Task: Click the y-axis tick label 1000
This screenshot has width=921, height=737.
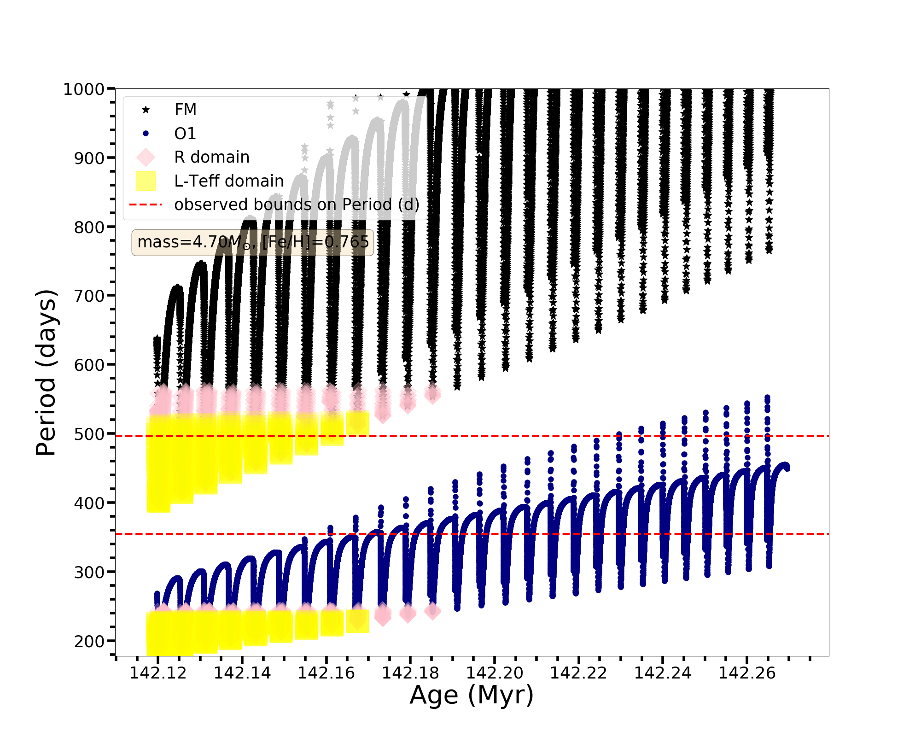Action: pos(83,89)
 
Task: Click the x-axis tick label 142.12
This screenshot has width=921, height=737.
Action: pos(158,673)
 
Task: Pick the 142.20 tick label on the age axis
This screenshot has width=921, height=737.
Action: pos(495,673)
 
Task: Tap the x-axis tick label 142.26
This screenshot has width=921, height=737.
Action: pos(747,673)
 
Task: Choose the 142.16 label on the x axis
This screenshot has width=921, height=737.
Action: pos(326,673)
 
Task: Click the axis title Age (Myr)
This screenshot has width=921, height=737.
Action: pos(472,695)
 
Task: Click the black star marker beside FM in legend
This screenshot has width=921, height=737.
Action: pos(146,110)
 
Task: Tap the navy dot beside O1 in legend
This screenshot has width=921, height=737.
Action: pos(146,134)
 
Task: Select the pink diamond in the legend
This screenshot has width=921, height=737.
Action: pos(146,157)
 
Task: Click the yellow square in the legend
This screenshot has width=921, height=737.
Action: pos(146,181)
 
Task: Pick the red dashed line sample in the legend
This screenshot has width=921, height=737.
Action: pos(146,205)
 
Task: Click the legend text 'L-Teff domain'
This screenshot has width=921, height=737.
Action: pos(229,181)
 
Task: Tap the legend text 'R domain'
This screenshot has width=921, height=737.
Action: pos(212,157)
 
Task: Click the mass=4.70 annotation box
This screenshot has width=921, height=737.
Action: pos(253,242)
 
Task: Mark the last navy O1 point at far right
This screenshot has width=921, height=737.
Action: pos(787,468)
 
